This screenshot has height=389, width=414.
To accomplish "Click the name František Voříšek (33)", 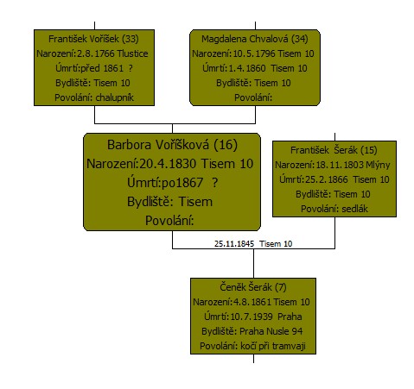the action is pyautogui.click(x=93, y=39).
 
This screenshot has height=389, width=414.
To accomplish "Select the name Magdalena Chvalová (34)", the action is pyautogui.click(x=255, y=39).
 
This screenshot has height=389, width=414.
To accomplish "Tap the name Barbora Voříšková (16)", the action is pyautogui.click(x=172, y=145).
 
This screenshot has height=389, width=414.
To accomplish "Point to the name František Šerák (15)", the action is pyautogui.click(x=334, y=150).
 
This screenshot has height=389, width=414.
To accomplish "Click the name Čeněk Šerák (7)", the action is pyautogui.click(x=253, y=287).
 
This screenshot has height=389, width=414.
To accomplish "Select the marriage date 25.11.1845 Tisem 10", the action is pyautogui.click(x=253, y=244).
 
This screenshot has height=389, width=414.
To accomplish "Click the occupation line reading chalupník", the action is pyautogui.click(x=94, y=97).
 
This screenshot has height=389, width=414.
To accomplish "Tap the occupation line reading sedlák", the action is pyautogui.click(x=334, y=209).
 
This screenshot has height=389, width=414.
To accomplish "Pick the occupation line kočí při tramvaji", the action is pyautogui.click(x=252, y=346).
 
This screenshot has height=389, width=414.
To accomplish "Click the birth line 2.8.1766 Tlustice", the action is pyautogui.click(x=92, y=53).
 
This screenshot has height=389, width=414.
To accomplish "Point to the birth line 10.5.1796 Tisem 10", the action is pyautogui.click(x=253, y=53).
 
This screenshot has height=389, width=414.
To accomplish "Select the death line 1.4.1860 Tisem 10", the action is pyautogui.click(x=255, y=68).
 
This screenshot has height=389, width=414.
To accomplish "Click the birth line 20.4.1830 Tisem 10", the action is pyautogui.click(x=169, y=164).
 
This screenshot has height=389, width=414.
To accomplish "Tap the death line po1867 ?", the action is pyautogui.click(x=172, y=183).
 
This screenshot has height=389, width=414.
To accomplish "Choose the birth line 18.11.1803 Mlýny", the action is pyautogui.click(x=333, y=165).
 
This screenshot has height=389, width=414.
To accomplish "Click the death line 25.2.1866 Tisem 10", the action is pyautogui.click(x=334, y=179).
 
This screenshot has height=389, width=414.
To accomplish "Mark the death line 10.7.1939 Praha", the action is pyautogui.click(x=253, y=317).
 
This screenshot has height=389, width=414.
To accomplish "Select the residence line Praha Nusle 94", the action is pyautogui.click(x=252, y=331).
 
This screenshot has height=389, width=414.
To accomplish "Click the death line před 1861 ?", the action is pyautogui.click(x=94, y=68).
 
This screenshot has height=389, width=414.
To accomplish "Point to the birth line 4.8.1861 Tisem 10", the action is pyautogui.click(x=252, y=302).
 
